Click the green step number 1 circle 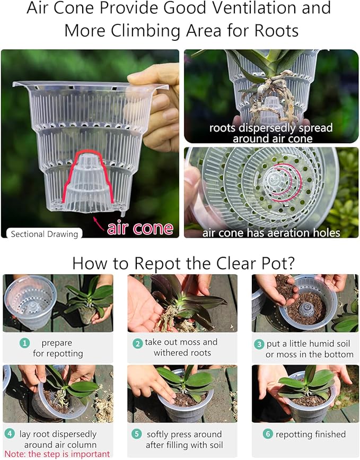point(24,343)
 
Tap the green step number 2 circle point(137,343)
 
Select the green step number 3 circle point(259,344)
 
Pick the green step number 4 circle point(10,434)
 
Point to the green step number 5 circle point(137,434)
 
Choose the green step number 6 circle point(269,434)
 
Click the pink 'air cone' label point(140,228)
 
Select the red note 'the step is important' point(57,454)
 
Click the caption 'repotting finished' point(312,434)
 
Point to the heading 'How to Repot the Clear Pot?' point(180,263)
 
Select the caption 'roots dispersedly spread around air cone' point(271,133)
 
